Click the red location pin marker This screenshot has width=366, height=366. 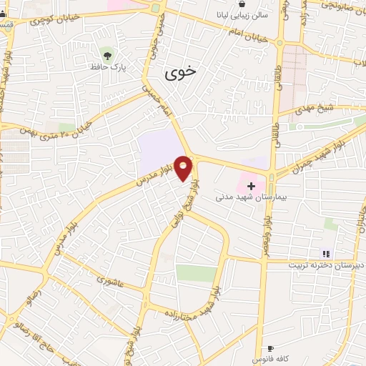coord(184,167)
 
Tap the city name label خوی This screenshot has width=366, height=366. coord(179,72)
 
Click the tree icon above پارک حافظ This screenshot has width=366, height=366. coord(108,54)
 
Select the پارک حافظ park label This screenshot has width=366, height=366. coord(108,66)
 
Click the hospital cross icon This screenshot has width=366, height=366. coord(251,186)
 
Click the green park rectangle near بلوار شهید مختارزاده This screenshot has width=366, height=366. coord(196,273)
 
